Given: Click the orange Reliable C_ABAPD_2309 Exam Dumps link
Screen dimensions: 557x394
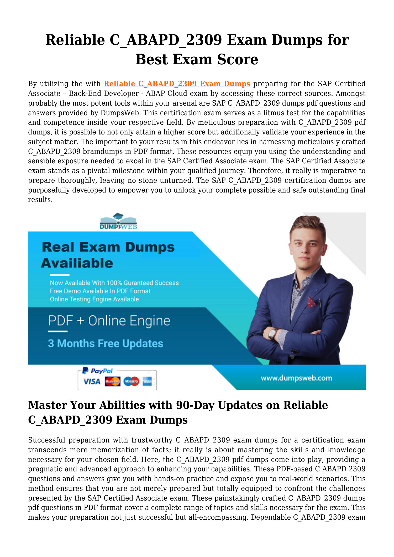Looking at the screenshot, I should (x=177, y=84).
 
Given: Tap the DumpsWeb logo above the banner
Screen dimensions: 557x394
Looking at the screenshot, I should (x=118, y=221).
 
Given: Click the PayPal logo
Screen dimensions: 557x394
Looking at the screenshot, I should (x=98, y=371).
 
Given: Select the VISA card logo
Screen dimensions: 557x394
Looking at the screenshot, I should (x=91, y=382).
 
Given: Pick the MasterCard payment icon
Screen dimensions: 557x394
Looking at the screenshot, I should (x=112, y=381).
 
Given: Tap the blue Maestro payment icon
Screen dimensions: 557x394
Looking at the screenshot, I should (x=131, y=381).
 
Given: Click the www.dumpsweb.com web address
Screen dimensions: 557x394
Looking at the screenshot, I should (x=296, y=378).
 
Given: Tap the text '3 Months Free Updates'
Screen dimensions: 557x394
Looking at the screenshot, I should (x=106, y=344).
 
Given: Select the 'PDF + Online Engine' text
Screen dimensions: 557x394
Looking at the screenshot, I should (x=109, y=321).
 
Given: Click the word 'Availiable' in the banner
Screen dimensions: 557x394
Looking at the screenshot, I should (x=77, y=263).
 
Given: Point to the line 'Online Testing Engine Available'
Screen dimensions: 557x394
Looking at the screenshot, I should (x=94, y=299).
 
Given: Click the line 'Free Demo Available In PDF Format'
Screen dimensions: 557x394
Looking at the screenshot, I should (x=100, y=291).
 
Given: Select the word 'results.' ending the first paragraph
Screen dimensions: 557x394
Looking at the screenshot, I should (x=40, y=200).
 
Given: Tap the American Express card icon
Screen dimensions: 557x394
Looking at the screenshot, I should (x=147, y=382).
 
